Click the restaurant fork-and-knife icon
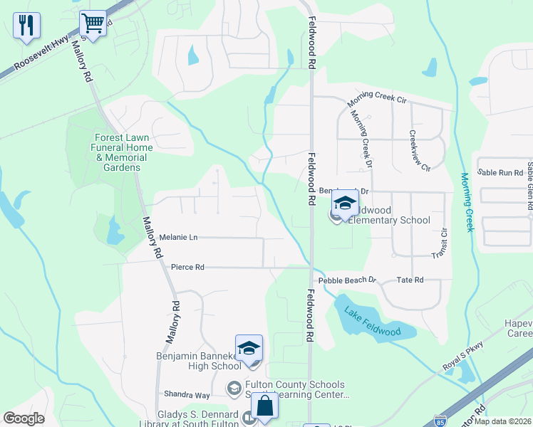(x=26, y=26)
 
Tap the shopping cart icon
(x=93, y=23)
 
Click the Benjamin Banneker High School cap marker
(x=249, y=348)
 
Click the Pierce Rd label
(x=187, y=268)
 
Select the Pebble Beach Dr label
(x=347, y=280)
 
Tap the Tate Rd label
(x=410, y=280)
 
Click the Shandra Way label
(x=187, y=395)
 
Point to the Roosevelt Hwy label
(x=41, y=53)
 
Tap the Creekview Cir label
(x=419, y=151)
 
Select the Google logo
(x=24, y=418)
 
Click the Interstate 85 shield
(x=440, y=421)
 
